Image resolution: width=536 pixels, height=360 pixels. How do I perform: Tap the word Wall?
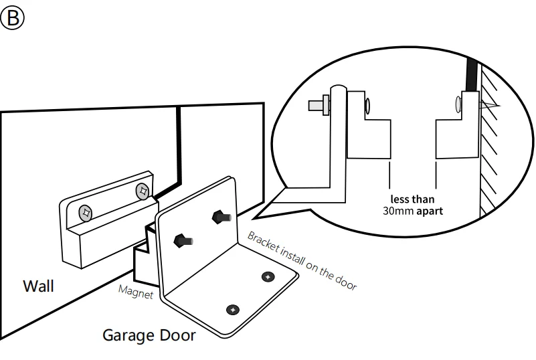[39, 286]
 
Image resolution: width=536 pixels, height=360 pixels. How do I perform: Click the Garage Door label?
[149, 335]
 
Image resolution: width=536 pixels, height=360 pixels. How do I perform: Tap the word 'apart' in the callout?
[429, 210]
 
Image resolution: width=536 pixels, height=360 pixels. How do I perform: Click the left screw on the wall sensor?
[86, 213]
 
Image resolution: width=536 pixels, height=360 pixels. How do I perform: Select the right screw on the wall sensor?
[142, 192]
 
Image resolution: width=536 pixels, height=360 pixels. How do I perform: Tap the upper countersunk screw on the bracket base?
[268, 276]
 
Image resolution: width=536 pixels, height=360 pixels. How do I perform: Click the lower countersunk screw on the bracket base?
[232, 309]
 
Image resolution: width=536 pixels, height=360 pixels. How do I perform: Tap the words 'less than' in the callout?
[412, 199]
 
